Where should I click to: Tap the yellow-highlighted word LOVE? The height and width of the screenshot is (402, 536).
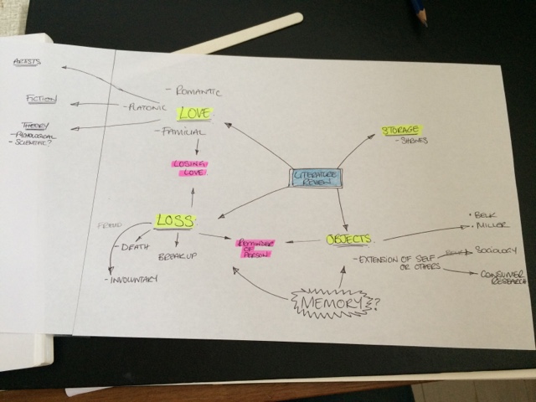[196, 113]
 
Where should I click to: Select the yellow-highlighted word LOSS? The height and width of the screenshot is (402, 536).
[174, 221]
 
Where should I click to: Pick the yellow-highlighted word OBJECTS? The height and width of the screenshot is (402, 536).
[348, 239]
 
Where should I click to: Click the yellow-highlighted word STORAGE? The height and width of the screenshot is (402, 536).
[402, 130]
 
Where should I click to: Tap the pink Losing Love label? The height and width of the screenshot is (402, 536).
[189, 167]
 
